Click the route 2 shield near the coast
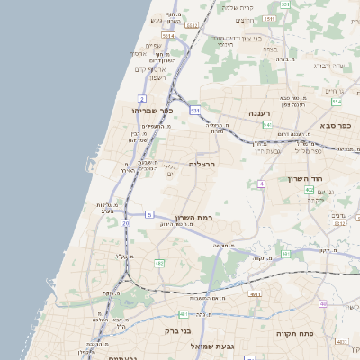pyautogui.click(x=141, y=97)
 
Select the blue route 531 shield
pyautogui.click(x=195, y=109)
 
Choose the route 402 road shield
pyautogui.click(x=309, y=190)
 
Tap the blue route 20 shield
pyautogui.click(x=126, y=222)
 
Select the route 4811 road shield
pyautogui.click(x=255, y=293)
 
